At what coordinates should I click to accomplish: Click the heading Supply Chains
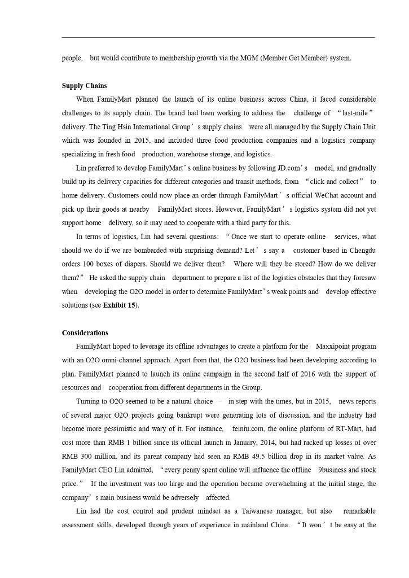tap(84, 86)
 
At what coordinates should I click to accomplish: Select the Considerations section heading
tap(85, 332)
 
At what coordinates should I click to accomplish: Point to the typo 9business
tap(337, 470)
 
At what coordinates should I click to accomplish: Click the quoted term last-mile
tap(357, 113)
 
